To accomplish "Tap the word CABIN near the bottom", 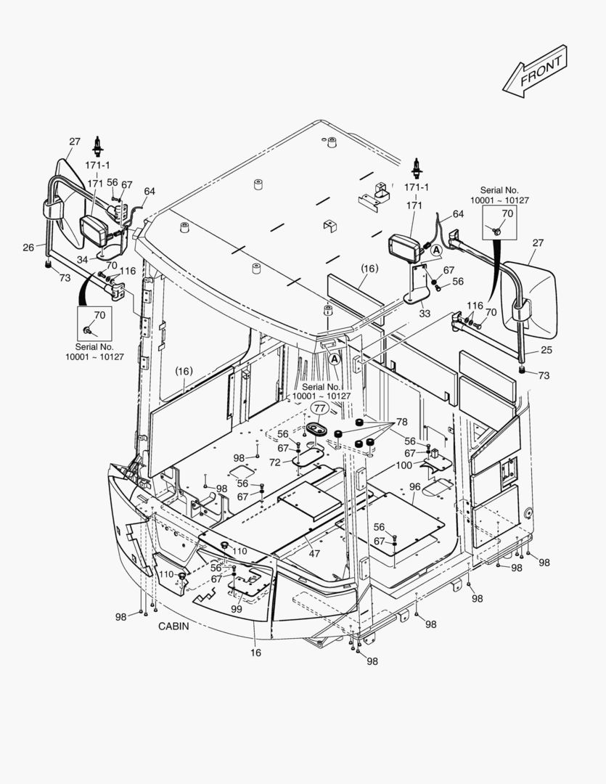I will pos(173,626).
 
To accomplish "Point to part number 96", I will pos(414,486).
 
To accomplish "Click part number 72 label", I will pos(275,462).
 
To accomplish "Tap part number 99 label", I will pos(237,610).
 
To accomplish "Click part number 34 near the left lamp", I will pos(83,259).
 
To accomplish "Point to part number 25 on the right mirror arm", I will pos(545,351).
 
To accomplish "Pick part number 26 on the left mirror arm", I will pos(28,247).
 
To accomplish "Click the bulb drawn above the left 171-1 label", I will pos(97,142).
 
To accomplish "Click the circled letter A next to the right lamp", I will pos(436,250).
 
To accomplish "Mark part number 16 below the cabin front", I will pos(256,653).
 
